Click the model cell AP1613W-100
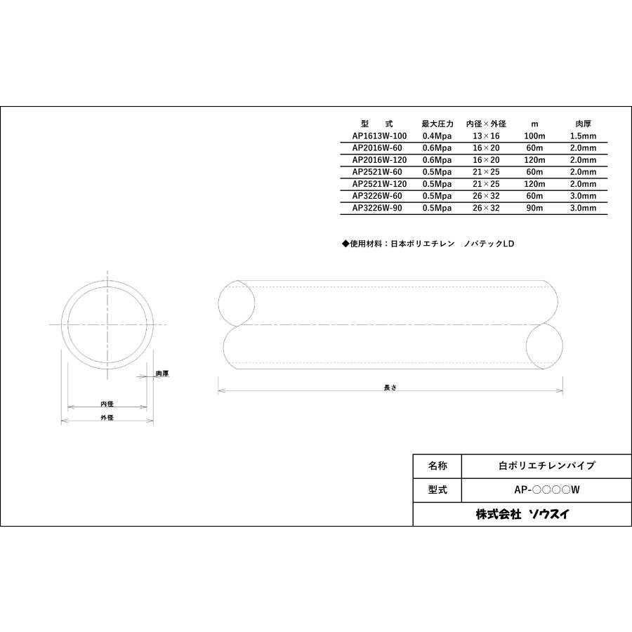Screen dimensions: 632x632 pos(379,136)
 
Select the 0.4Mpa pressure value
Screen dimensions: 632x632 pos(437,136)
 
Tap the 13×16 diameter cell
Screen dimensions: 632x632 pos(486,136)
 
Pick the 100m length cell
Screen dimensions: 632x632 pos(534,136)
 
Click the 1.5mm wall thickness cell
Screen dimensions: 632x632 pos(583,136)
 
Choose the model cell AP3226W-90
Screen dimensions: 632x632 pos(377,208)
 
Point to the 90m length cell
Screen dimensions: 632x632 pos(534,208)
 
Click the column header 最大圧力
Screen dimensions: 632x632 pos(437,124)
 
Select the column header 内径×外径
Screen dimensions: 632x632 pos(486,124)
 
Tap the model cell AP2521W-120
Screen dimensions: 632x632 pos(379,184)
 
